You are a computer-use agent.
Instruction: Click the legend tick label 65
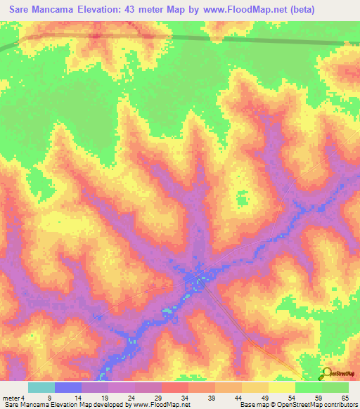point(345,397)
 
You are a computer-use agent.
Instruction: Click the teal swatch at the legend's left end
point(41,387)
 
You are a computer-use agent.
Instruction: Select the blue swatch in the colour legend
point(68,387)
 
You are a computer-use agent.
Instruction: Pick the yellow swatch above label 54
point(282,387)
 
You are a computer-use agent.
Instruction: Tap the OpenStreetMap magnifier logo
point(326,374)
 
